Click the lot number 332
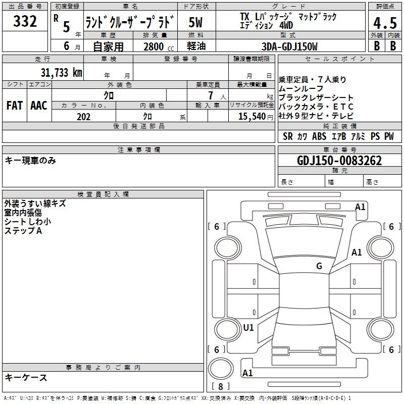pyautogui.click(x=25, y=22)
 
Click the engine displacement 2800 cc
pyautogui.click(x=157, y=46)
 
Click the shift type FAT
pyautogui.click(x=14, y=106)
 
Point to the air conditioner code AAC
pyautogui.click(x=39, y=106)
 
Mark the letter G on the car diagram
pyautogui.click(x=319, y=266)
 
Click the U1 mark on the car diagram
pyautogui.click(x=248, y=327)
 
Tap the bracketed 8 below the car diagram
pyautogui.click(x=221, y=387)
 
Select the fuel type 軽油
pyautogui.click(x=196, y=46)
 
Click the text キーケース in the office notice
pyautogui.click(x=26, y=378)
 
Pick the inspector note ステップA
pyautogui.click(x=23, y=231)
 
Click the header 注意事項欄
pyautogui.click(x=139, y=150)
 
